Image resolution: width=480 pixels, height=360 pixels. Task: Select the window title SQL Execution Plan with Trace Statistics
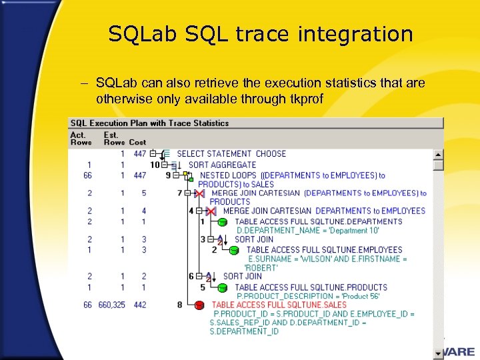tap(149, 123)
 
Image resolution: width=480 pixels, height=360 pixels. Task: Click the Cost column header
tap(137, 142)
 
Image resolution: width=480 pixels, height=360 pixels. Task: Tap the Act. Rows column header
tap(81, 138)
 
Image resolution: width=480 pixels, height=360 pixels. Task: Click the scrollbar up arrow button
tap(438, 154)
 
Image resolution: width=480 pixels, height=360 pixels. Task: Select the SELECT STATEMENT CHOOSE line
tap(231, 154)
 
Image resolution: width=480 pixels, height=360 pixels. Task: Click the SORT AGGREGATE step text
tap(222, 165)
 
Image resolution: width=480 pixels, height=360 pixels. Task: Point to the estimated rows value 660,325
tap(111, 305)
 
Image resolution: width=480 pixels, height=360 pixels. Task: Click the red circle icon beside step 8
tap(199, 305)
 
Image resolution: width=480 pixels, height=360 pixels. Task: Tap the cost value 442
tap(139, 305)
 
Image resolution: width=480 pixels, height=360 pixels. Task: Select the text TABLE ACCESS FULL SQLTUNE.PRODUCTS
tap(311, 287)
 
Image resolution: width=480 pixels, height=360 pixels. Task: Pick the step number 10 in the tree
tap(155, 165)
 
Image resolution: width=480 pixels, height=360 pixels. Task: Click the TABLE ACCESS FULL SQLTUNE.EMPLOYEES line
tap(324, 250)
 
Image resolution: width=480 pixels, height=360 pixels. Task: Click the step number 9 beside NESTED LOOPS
tap(168, 175)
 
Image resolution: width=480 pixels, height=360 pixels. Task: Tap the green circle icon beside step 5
tap(223, 288)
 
